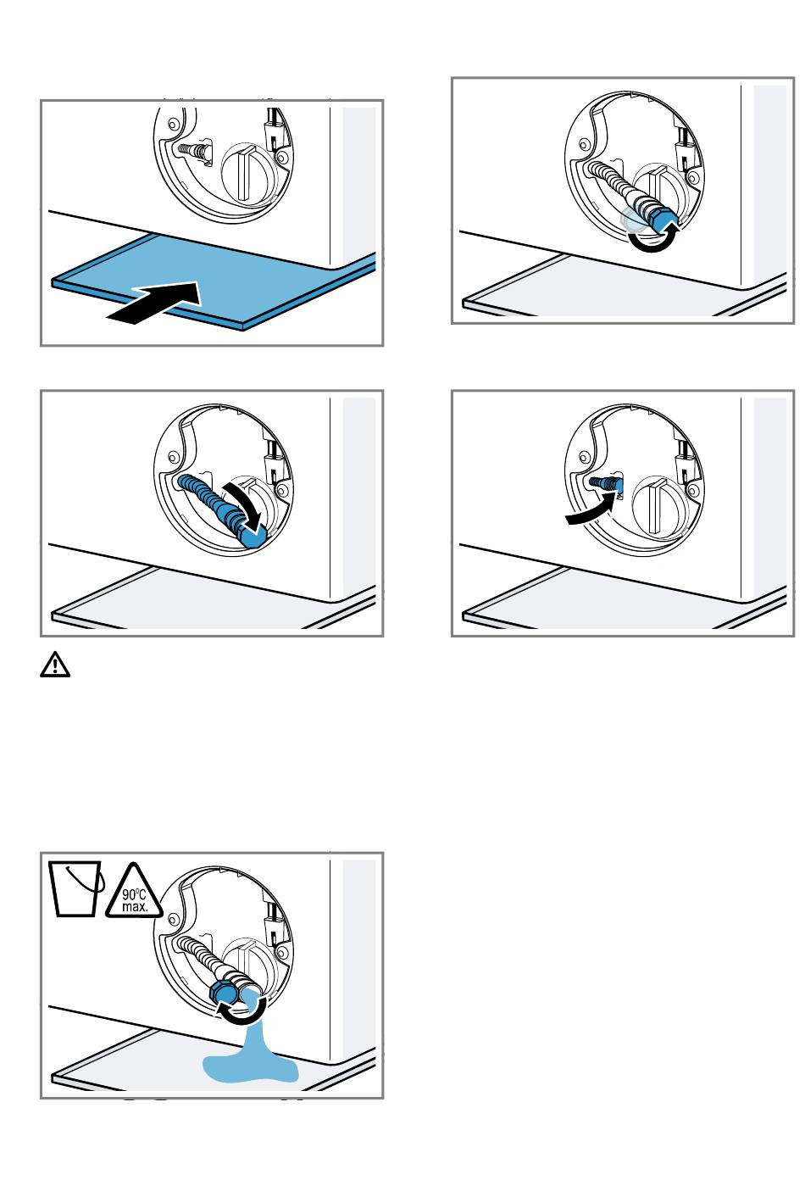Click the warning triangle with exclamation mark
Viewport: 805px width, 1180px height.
[x=55, y=665]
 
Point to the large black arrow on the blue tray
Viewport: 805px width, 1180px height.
[x=154, y=302]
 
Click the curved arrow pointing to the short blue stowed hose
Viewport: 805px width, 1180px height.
[x=590, y=509]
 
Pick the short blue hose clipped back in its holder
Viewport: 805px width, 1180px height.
[x=606, y=483]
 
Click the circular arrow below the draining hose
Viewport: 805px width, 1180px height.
[x=242, y=1016]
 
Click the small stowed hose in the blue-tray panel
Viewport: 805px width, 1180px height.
[x=193, y=150]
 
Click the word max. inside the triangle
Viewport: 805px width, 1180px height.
[x=135, y=906]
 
